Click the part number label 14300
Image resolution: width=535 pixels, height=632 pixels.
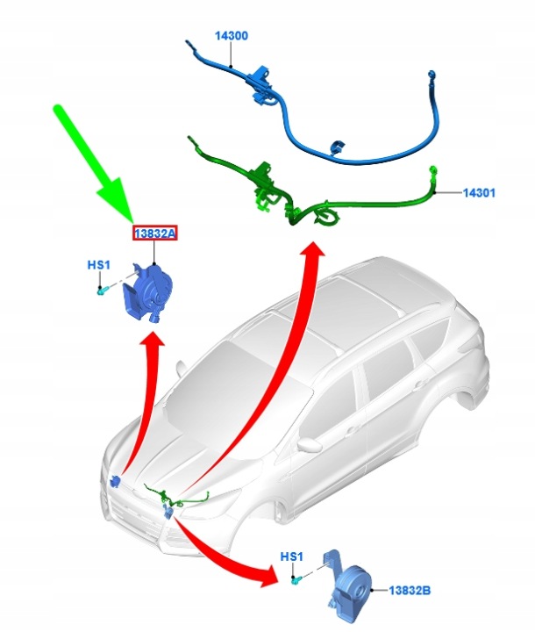tap(232, 36)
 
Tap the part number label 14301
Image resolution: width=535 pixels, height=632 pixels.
tap(479, 192)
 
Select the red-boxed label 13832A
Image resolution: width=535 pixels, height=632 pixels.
tap(155, 233)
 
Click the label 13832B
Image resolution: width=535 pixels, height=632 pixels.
tap(410, 591)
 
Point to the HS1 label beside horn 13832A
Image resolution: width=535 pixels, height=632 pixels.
tap(99, 265)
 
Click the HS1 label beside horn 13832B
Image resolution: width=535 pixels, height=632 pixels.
tap(291, 557)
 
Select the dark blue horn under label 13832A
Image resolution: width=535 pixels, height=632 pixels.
tap(148, 291)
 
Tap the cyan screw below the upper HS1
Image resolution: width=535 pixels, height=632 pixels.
tap(102, 291)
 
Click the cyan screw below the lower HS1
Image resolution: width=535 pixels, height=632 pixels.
tap(296, 580)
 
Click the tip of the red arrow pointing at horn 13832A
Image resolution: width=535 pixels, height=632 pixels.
tap(153, 333)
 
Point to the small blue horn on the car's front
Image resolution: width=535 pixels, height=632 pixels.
tap(115, 481)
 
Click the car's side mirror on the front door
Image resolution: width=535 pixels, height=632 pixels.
tap(310, 443)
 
